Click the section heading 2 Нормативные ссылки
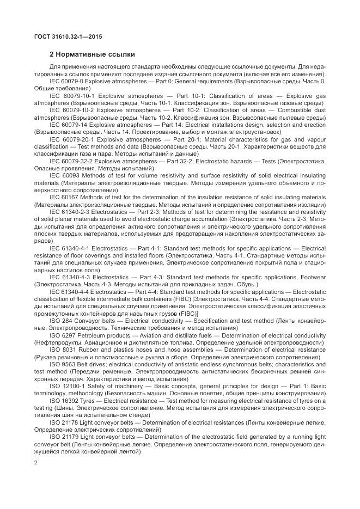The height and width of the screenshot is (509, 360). click(x=92, y=54)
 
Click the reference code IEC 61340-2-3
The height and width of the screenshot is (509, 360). click(x=69, y=211)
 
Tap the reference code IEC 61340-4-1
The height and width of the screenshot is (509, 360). click(x=69, y=247)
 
